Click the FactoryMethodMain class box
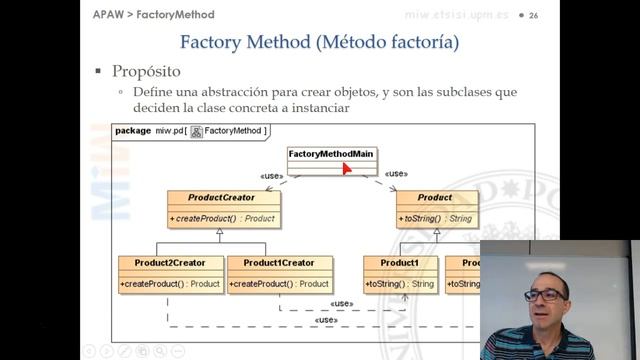[x=332, y=160]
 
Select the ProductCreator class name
[x=221, y=197]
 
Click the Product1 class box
[x=399, y=273]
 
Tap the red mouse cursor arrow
[x=346, y=167]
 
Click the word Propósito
[x=146, y=72]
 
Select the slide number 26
[x=533, y=16]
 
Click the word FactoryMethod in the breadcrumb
[x=176, y=15]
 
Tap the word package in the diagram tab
[x=133, y=130]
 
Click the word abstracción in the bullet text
[x=231, y=92]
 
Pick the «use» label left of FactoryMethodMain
[x=272, y=175]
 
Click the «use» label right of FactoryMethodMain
[x=396, y=174]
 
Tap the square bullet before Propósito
[x=98, y=72]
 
